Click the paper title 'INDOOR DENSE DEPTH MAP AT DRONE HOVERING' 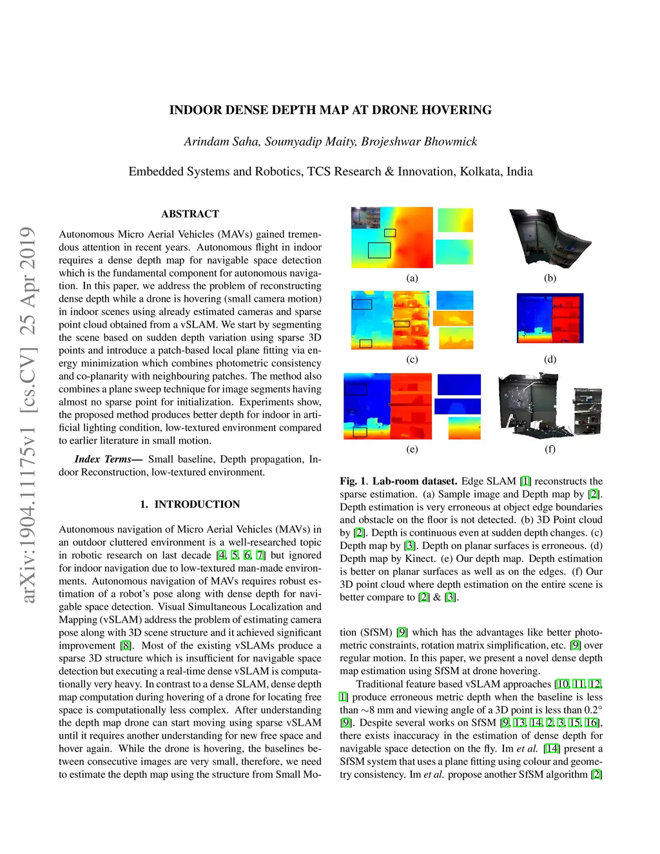coord(331,110)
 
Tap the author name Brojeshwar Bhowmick coord(419,142)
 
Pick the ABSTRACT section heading coord(190,214)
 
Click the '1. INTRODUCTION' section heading coord(190,504)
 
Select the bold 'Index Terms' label coord(103,459)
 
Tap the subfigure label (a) coord(412,278)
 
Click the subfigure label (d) coord(550,359)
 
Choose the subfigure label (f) coord(550,449)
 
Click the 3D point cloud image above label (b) coord(550,238)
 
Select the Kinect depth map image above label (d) coord(550,318)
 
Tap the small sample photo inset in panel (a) coord(365,218)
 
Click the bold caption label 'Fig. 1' coord(353,481)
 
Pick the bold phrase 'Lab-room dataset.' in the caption coord(414,481)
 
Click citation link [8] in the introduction coord(125,645)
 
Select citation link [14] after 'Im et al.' coord(552,749)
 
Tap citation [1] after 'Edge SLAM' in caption coord(525,481)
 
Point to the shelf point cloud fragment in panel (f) coord(588,411)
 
